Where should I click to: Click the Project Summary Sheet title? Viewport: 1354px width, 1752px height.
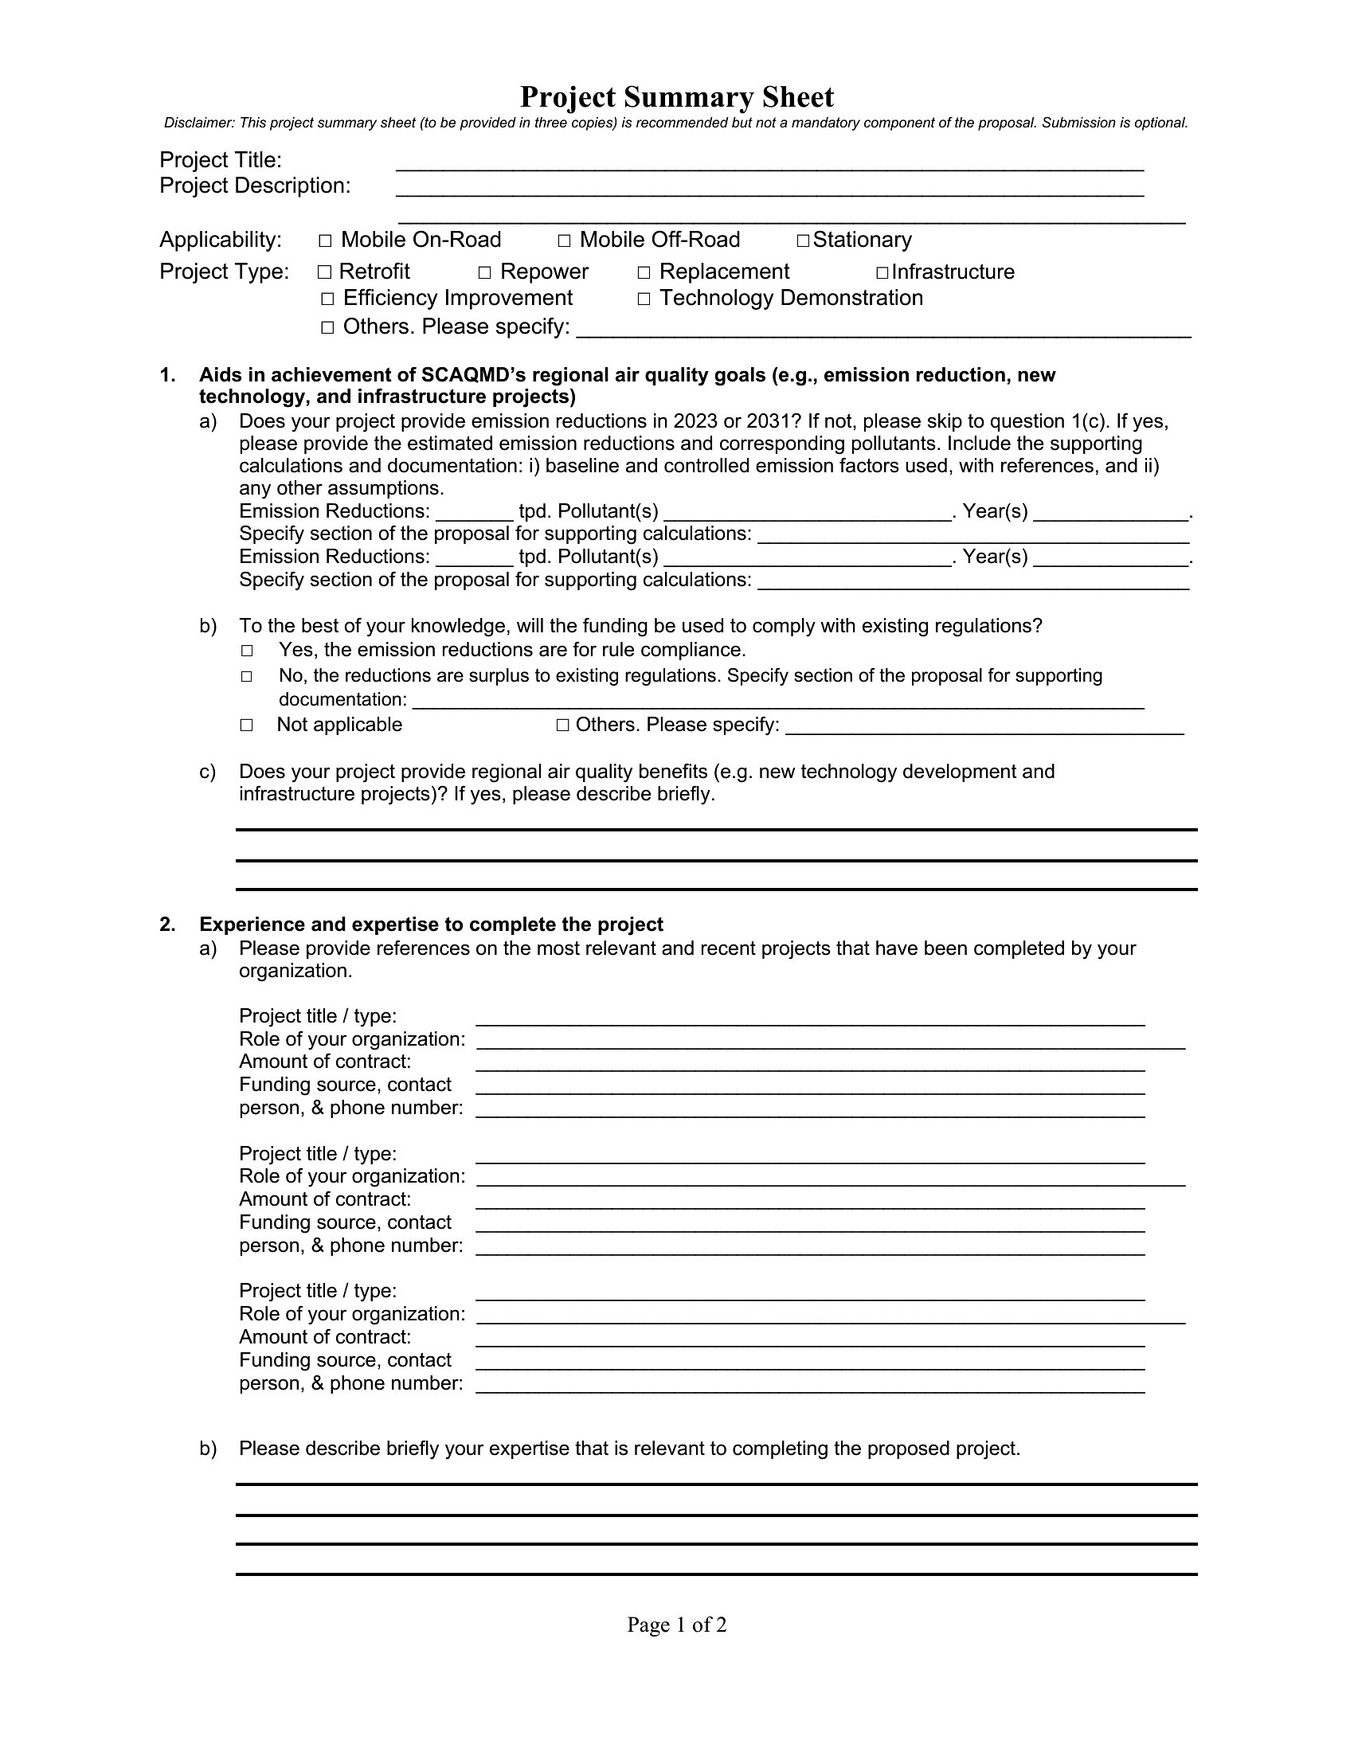point(676,97)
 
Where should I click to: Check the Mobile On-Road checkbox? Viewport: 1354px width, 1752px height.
point(325,241)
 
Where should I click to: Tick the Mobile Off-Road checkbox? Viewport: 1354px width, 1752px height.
point(564,241)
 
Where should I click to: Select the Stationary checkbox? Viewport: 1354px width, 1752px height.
point(803,241)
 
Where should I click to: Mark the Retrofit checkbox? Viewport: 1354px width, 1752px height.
point(324,272)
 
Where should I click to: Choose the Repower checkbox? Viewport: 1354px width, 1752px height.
point(484,272)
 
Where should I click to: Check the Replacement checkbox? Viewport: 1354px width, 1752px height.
point(644,272)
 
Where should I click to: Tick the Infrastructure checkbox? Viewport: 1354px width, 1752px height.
point(882,272)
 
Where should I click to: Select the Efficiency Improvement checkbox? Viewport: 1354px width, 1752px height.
point(327,299)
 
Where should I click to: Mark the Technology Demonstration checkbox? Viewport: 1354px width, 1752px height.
point(644,299)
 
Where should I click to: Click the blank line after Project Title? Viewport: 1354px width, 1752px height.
point(769,165)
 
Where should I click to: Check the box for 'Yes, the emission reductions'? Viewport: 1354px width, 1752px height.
point(247,651)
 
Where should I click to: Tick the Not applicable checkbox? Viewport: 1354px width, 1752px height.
point(247,725)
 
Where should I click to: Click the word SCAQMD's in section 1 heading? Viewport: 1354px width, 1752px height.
point(473,375)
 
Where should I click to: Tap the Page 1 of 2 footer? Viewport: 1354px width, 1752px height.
point(676,1625)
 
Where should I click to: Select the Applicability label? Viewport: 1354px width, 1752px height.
point(221,240)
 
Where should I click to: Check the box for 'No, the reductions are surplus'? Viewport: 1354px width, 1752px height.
point(247,677)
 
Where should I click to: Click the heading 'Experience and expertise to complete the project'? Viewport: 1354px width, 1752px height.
point(431,925)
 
